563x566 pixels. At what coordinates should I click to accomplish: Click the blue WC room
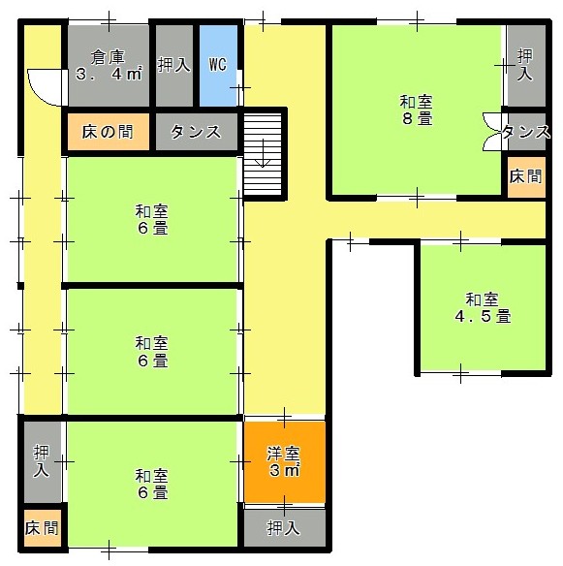[x=218, y=65]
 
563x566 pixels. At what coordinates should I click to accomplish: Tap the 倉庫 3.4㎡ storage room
[x=109, y=65]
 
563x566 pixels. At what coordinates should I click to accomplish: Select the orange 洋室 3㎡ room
[x=285, y=461]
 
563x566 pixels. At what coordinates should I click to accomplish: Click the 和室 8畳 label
[x=416, y=110]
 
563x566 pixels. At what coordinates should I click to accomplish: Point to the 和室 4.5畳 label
[x=483, y=308]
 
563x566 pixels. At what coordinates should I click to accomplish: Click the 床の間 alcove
[x=109, y=132]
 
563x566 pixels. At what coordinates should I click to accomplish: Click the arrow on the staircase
[x=263, y=153]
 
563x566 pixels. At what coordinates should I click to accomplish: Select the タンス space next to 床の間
[x=197, y=132]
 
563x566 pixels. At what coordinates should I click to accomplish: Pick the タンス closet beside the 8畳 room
[x=526, y=132]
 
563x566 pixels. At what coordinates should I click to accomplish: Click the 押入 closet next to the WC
[x=174, y=65]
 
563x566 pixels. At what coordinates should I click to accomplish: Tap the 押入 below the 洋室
[x=285, y=528]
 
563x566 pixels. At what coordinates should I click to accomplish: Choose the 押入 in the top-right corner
[x=526, y=65]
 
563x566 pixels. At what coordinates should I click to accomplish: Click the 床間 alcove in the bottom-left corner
[x=43, y=528]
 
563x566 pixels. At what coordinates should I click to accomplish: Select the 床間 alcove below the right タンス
[x=526, y=177]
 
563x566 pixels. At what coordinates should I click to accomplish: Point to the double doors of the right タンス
[x=492, y=132]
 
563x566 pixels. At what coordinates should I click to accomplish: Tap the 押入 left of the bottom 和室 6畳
[x=43, y=461]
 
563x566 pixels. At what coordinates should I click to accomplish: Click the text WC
[x=218, y=65]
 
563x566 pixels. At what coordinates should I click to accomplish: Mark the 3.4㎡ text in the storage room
[x=109, y=74]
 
